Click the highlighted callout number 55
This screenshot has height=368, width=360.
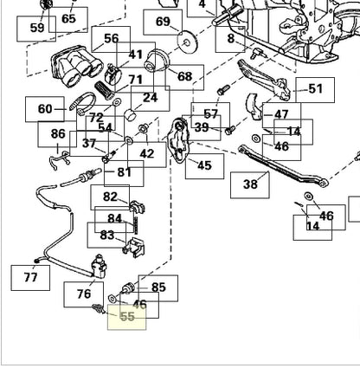pos(127,317)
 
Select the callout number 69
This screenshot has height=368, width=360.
pos(163,22)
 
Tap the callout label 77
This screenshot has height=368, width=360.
pos(30,277)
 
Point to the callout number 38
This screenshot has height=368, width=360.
pos(250,184)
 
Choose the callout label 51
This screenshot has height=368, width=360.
pos(315,89)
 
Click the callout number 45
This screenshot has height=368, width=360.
pos(204,165)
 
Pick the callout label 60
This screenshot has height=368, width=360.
pos(45,109)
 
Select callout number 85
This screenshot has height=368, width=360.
pos(158,287)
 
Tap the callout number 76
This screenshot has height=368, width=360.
pos(84,294)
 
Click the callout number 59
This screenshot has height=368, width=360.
pos(36,28)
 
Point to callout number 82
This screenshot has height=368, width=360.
pos(110,197)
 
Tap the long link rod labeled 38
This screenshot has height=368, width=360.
pos(283,166)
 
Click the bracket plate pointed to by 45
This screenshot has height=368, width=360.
pos(180,140)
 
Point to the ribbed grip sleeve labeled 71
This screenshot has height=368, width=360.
pos(105,90)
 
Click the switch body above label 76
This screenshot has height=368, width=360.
pos(98,267)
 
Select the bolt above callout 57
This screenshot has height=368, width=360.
pos(223,89)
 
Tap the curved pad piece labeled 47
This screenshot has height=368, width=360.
pos(254,107)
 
